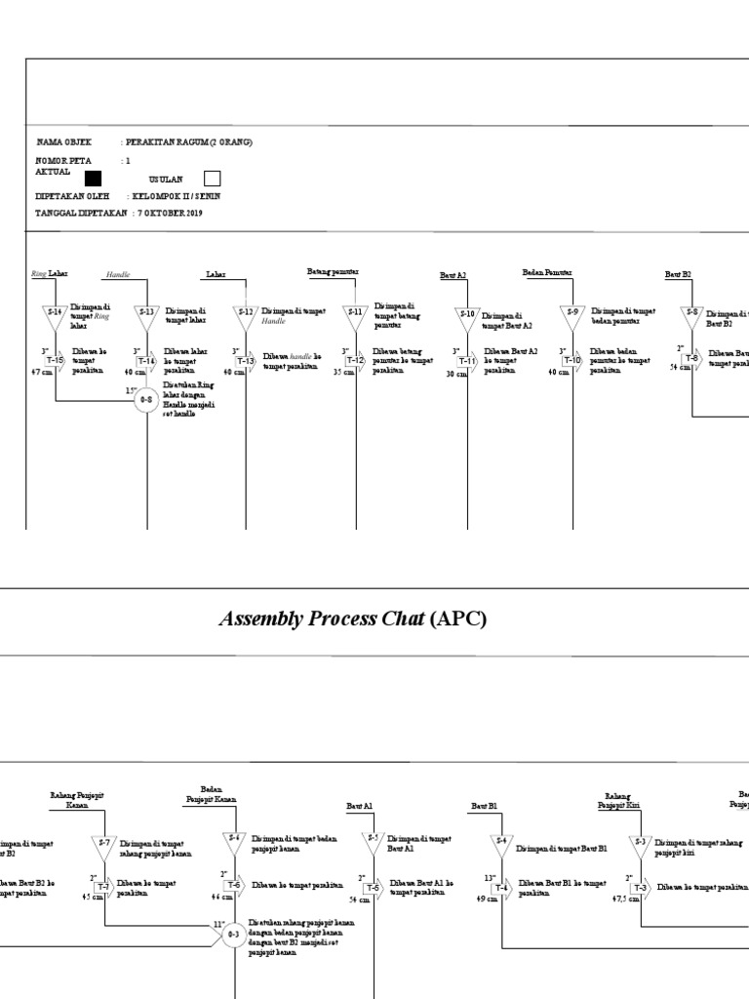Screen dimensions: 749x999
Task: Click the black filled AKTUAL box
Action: (93, 178)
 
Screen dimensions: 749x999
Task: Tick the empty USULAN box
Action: (212, 179)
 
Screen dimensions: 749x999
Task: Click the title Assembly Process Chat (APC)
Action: (353, 619)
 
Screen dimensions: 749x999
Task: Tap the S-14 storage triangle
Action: (55, 314)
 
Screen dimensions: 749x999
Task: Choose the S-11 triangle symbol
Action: (356, 314)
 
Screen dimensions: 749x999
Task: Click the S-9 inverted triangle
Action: (573, 314)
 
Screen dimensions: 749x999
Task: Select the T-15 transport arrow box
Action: (55, 361)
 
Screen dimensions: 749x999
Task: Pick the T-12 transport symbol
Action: (356, 361)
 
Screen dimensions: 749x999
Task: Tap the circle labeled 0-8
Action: (147, 400)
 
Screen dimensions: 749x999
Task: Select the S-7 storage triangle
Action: (103, 843)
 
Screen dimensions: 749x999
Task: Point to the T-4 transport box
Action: (501, 888)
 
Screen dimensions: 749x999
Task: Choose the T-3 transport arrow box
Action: (640, 888)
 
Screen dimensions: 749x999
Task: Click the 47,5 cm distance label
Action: (620, 899)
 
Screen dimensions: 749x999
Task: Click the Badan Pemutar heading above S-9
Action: (547, 273)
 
